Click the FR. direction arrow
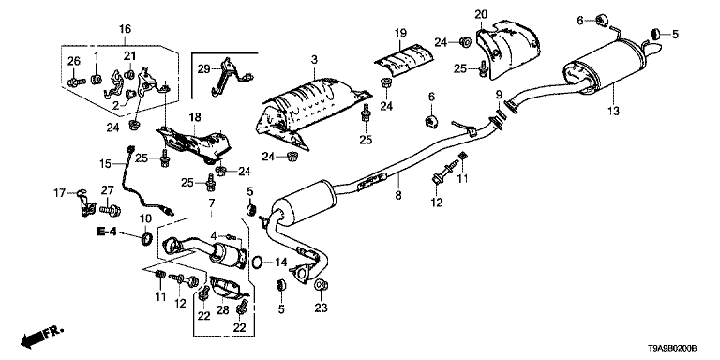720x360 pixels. point(42,337)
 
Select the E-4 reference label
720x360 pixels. point(107,232)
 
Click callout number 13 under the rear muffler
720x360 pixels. point(613,111)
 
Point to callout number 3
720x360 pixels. point(314,59)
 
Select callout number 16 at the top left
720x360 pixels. point(125,29)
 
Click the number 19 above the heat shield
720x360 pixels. point(400,33)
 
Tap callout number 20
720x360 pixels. point(480,15)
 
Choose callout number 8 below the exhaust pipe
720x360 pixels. point(398,195)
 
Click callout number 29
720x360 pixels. point(203,69)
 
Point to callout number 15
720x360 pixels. point(106,163)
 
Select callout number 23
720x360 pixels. point(321,307)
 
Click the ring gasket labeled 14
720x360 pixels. point(258,262)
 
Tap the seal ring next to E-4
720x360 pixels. point(146,239)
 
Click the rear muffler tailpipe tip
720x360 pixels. point(652,47)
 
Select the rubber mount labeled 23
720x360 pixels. point(320,285)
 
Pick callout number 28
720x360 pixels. point(223,310)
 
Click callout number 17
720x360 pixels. point(61,194)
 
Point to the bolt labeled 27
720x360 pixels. point(111,210)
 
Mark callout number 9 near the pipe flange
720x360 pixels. point(499,96)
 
